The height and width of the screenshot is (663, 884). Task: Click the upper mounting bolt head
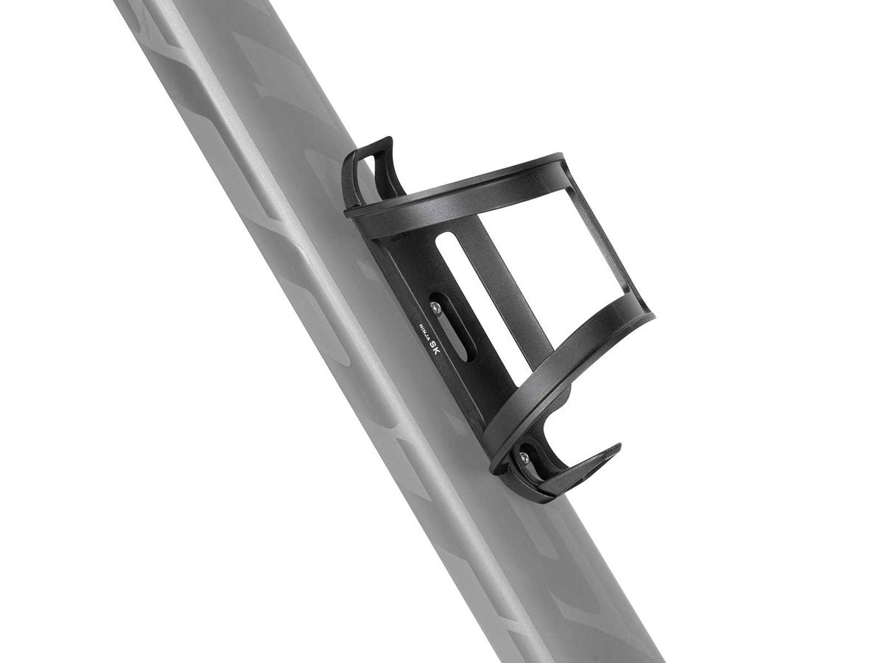436,307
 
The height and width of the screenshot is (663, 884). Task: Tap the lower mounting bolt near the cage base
524,458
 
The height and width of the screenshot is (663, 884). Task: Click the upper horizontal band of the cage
457,195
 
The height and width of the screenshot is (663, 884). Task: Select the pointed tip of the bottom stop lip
617,448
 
